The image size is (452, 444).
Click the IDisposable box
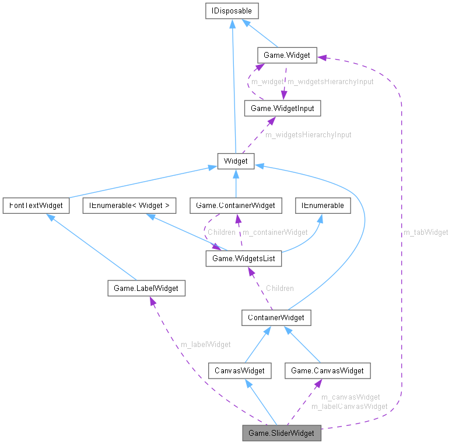pyautogui.click(x=232, y=11)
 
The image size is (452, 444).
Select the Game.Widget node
pyautogui.click(x=286, y=56)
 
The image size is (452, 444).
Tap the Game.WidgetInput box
pyautogui.click(x=282, y=108)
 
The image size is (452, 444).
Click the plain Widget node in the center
pyautogui.click(x=236, y=161)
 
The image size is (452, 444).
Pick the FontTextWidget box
pyautogui.click(x=36, y=206)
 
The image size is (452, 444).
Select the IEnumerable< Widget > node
pyautogui.click(x=129, y=206)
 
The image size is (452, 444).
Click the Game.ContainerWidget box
pyautogui.click(x=236, y=206)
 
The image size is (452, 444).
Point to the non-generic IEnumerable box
pyautogui.click(x=323, y=206)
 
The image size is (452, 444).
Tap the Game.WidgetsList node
pyautogui.click(x=244, y=258)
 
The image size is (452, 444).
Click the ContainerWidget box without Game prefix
pyautogui.click(x=276, y=318)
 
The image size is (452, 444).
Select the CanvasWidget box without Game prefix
pyautogui.click(x=240, y=370)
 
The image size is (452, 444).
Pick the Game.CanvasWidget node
pyautogui.click(x=327, y=370)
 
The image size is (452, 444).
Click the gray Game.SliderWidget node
pyautogui.click(x=281, y=433)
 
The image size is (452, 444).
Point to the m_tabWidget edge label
pyautogui.click(x=426, y=233)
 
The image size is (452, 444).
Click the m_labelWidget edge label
pyautogui.click(x=205, y=345)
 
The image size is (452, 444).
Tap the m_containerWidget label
pyautogui.click(x=275, y=233)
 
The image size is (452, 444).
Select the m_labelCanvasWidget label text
pyautogui.click(x=349, y=406)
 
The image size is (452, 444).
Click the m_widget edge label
pyautogui.click(x=267, y=82)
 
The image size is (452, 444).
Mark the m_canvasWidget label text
pyautogui.click(x=351, y=397)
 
